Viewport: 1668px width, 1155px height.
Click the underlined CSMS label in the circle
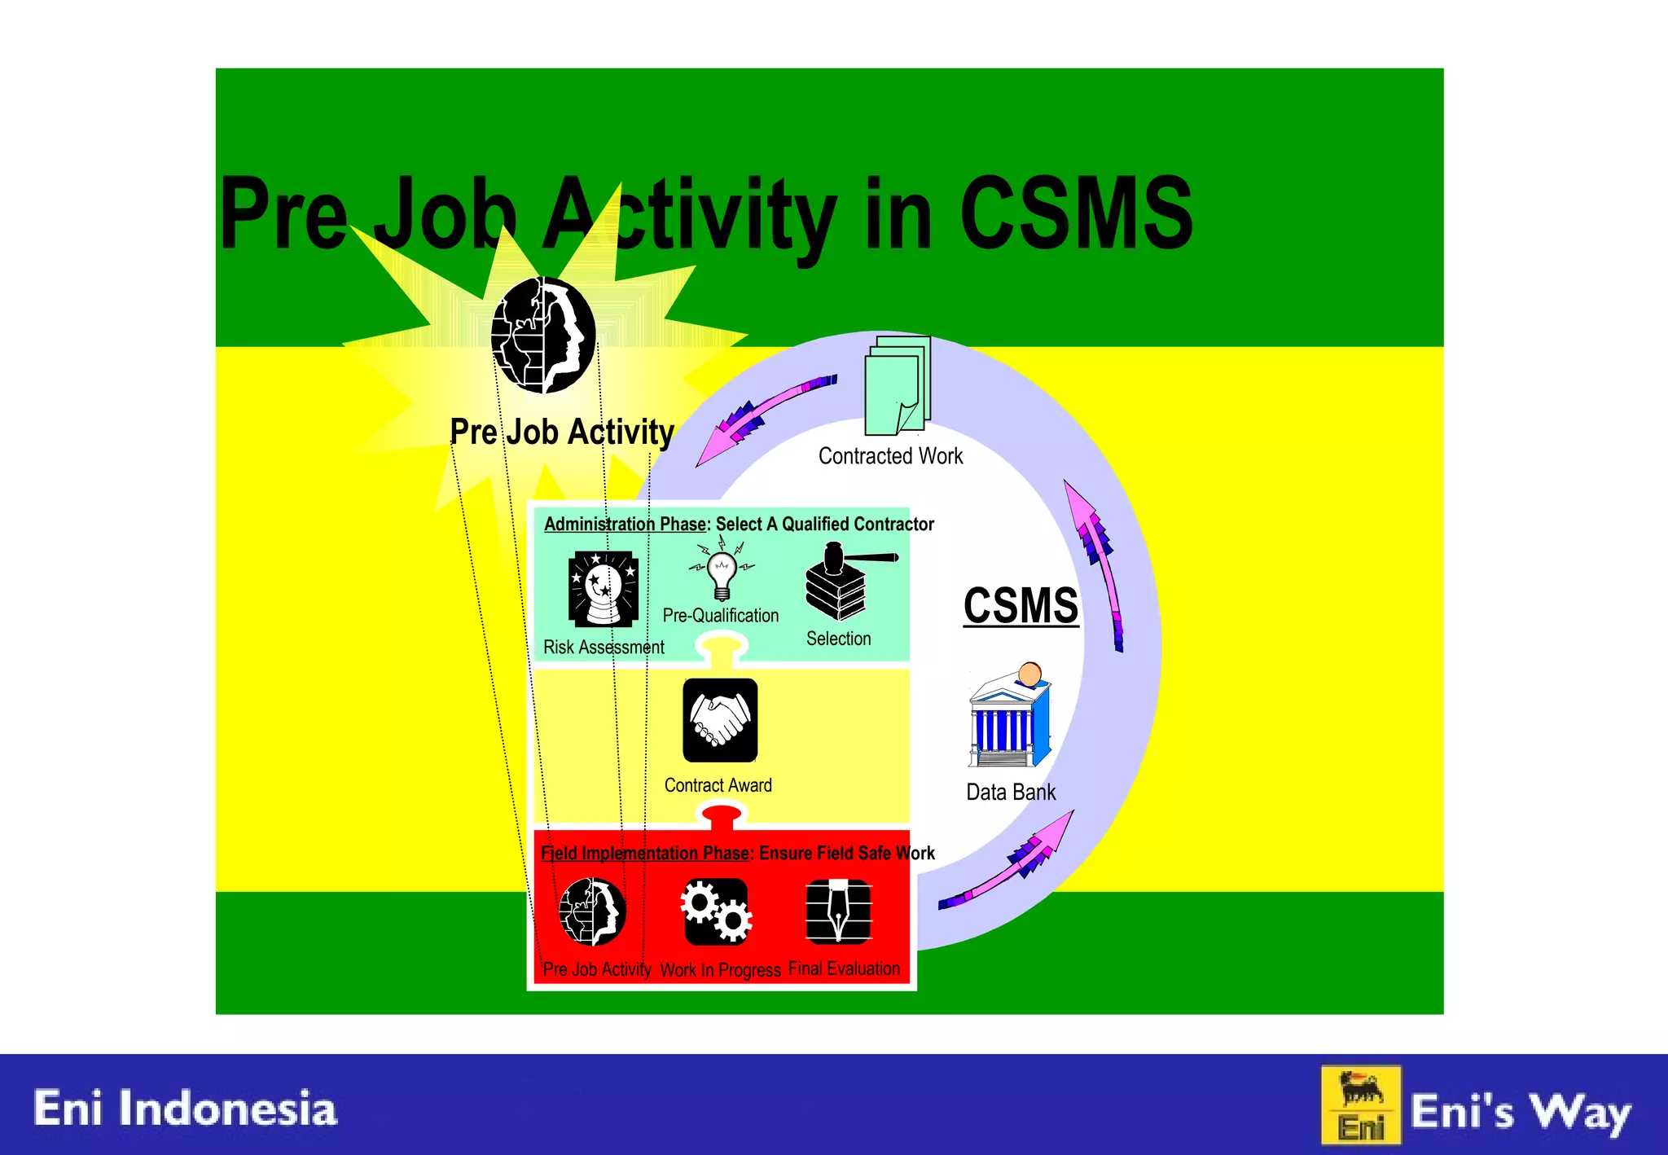[1021, 606]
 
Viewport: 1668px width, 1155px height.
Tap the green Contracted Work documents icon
[897, 386]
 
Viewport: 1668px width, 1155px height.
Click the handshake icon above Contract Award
[720, 720]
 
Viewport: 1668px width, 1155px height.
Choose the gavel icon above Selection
[843, 580]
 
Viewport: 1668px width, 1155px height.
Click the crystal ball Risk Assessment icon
[603, 588]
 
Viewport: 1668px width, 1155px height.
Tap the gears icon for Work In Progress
[716, 911]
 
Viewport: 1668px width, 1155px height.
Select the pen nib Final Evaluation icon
[838, 911]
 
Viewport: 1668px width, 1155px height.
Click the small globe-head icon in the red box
[593, 911]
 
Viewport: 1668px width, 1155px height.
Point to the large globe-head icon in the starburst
[543, 335]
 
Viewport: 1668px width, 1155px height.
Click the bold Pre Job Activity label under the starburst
[562, 432]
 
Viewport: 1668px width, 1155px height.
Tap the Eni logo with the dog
[1361, 1105]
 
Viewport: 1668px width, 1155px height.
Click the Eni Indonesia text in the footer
[185, 1109]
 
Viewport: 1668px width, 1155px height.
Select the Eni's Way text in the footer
[1520, 1112]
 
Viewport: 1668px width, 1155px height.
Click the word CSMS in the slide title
[1075, 213]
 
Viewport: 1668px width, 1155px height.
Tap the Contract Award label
[718, 785]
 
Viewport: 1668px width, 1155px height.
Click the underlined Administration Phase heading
[624, 524]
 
